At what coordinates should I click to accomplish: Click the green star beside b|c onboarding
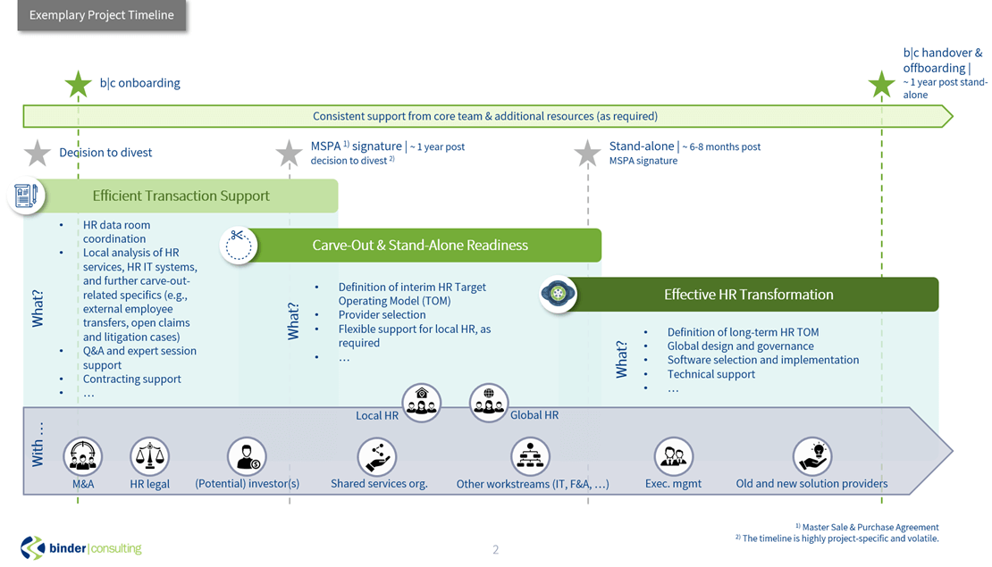(x=79, y=84)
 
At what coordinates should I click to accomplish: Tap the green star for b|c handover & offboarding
(x=881, y=84)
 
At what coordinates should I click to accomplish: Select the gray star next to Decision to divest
(x=38, y=153)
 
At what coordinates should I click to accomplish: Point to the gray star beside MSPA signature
(x=290, y=153)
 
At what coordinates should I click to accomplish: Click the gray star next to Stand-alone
(x=587, y=153)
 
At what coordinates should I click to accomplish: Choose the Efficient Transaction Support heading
(x=181, y=196)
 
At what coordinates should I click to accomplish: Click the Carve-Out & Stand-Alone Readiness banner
(x=420, y=246)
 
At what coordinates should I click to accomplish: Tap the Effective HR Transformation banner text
(x=748, y=295)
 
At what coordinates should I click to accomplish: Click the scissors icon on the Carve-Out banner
(x=239, y=246)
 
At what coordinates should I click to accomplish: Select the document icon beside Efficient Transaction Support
(x=26, y=196)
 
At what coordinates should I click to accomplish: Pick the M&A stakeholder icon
(x=83, y=456)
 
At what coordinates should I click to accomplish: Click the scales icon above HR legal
(x=150, y=456)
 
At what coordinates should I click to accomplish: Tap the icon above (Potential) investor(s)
(x=247, y=456)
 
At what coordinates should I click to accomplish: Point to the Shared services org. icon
(x=377, y=456)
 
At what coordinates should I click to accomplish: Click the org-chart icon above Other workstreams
(x=530, y=456)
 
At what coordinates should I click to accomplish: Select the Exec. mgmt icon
(x=674, y=456)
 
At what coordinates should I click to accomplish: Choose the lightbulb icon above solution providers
(x=812, y=456)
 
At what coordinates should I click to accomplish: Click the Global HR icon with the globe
(x=489, y=403)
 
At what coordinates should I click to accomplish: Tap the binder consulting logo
(x=81, y=548)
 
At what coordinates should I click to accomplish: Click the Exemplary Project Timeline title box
(x=102, y=15)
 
